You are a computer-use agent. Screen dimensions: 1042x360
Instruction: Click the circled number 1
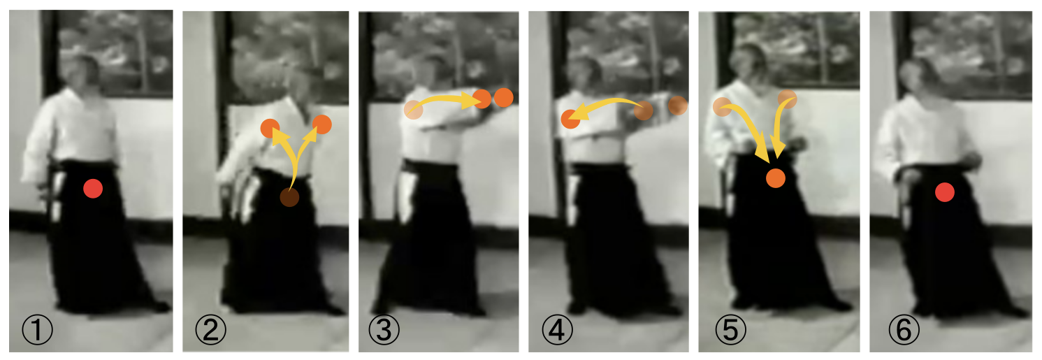pyautogui.click(x=37, y=329)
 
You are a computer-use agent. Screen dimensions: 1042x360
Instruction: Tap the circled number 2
pyautogui.click(x=211, y=329)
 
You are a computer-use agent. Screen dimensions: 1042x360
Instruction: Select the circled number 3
pyautogui.click(x=384, y=329)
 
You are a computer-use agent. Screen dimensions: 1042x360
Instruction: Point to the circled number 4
pyautogui.click(x=557, y=329)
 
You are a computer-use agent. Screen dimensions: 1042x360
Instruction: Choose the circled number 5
pyautogui.click(x=730, y=329)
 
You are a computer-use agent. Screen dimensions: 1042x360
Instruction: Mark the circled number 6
pyautogui.click(x=904, y=329)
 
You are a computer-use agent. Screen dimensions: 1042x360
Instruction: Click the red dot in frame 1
pyautogui.click(x=93, y=188)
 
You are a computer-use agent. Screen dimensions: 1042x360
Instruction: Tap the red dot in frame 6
pyautogui.click(x=945, y=192)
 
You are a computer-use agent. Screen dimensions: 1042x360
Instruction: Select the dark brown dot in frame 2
pyautogui.click(x=289, y=197)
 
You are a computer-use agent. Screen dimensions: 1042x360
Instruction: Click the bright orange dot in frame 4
pyautogui.click(x=571, y=119)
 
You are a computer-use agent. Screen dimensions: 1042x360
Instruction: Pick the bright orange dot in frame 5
pyautogui.click(x=776, y=178)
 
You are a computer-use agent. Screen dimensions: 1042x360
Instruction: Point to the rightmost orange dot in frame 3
pyautogui.click(x=503, y=98)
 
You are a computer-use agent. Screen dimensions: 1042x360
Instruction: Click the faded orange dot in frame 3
pyautogui.click(x=414, y=110)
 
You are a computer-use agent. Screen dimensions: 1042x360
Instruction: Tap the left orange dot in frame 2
pyautogui.click(x=270, y=129)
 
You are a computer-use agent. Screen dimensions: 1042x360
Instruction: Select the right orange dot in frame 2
pyautogui.click(x=322, y=124)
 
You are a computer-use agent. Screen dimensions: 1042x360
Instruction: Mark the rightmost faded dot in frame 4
pyautogui.click(x=678, y=106)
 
